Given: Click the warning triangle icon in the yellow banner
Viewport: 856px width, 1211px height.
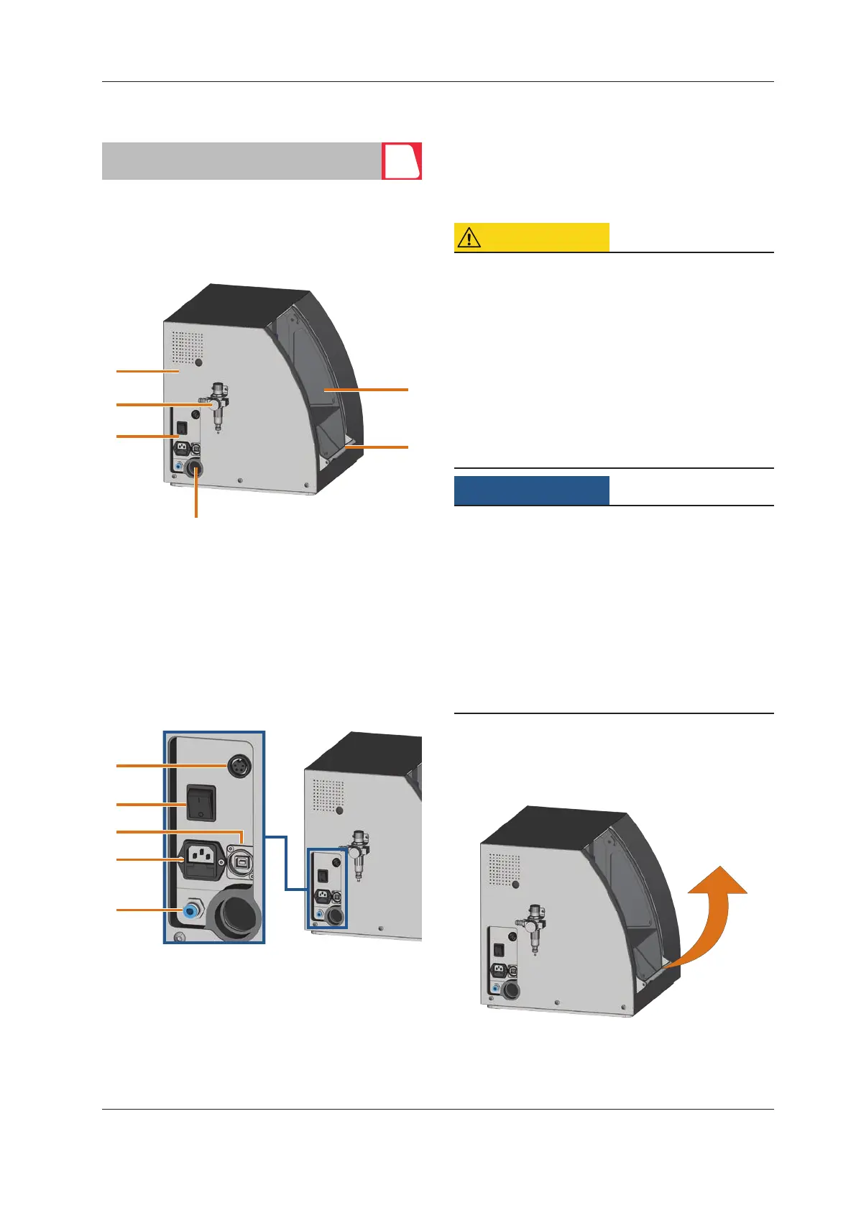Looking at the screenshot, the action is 469,237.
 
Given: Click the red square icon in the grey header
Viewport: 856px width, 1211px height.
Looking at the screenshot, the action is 401,161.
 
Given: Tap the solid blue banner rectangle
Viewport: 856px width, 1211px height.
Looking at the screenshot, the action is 532,490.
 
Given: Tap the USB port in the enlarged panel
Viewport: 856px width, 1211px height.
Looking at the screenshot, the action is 238,860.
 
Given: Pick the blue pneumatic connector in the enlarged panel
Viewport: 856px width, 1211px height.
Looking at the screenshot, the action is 190,910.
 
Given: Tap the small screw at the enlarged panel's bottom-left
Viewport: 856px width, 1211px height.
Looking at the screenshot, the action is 180,936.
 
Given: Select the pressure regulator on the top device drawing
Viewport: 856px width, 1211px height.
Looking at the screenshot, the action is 217,406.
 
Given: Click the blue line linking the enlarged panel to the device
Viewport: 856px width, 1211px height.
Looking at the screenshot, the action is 285,863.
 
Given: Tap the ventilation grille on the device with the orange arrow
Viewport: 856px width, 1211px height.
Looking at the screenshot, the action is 505,869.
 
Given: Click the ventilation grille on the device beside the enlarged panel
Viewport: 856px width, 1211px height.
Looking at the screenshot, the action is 328,795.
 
